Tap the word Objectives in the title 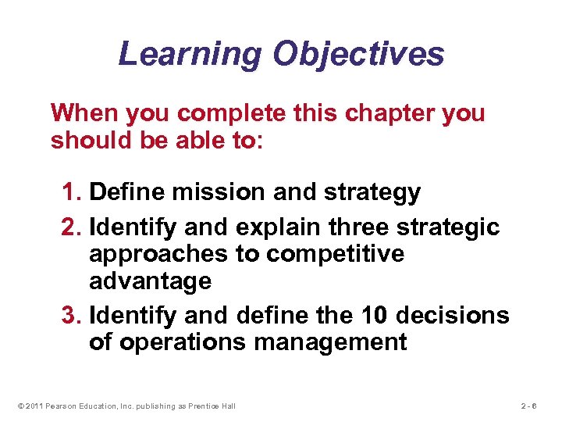coord(358,55)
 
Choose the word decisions coord(452,316)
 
